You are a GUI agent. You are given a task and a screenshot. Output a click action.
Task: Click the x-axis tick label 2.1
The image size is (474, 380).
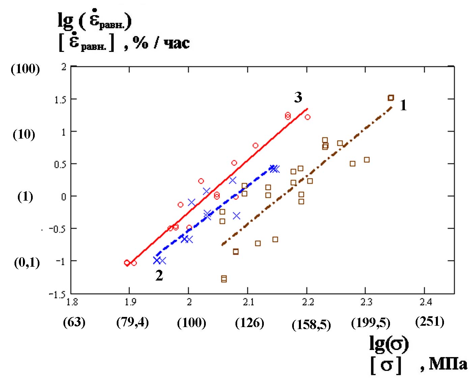click(248, 302)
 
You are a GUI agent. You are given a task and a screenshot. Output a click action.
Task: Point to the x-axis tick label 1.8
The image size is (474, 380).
click(72, 302)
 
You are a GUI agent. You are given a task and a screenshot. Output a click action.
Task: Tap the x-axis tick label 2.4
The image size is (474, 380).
click(426, 302)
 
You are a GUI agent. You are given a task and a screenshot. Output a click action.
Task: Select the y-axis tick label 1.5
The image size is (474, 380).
click(60, 100)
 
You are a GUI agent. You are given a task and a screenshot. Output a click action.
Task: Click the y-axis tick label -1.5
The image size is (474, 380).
click(57, 294)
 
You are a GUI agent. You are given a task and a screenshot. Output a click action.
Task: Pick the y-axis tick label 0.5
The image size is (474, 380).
click(60, 165)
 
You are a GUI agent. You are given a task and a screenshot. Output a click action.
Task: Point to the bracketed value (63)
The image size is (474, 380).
click(74, 322)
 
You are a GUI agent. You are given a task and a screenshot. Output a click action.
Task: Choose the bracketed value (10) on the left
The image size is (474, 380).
click(24, 134)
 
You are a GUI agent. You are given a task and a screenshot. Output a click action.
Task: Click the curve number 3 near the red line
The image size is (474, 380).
click(298, 97)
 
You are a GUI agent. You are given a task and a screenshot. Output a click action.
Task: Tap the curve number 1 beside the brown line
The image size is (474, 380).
click(403, 106)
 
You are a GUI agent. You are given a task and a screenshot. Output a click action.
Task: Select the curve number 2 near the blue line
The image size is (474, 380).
click(159, 276)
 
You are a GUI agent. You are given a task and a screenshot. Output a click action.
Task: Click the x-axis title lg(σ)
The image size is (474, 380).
click(389, 344)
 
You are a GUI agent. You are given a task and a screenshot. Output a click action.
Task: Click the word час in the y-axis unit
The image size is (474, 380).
click(176, 43)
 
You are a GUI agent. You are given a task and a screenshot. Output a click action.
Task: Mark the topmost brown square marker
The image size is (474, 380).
click(391, 98)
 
